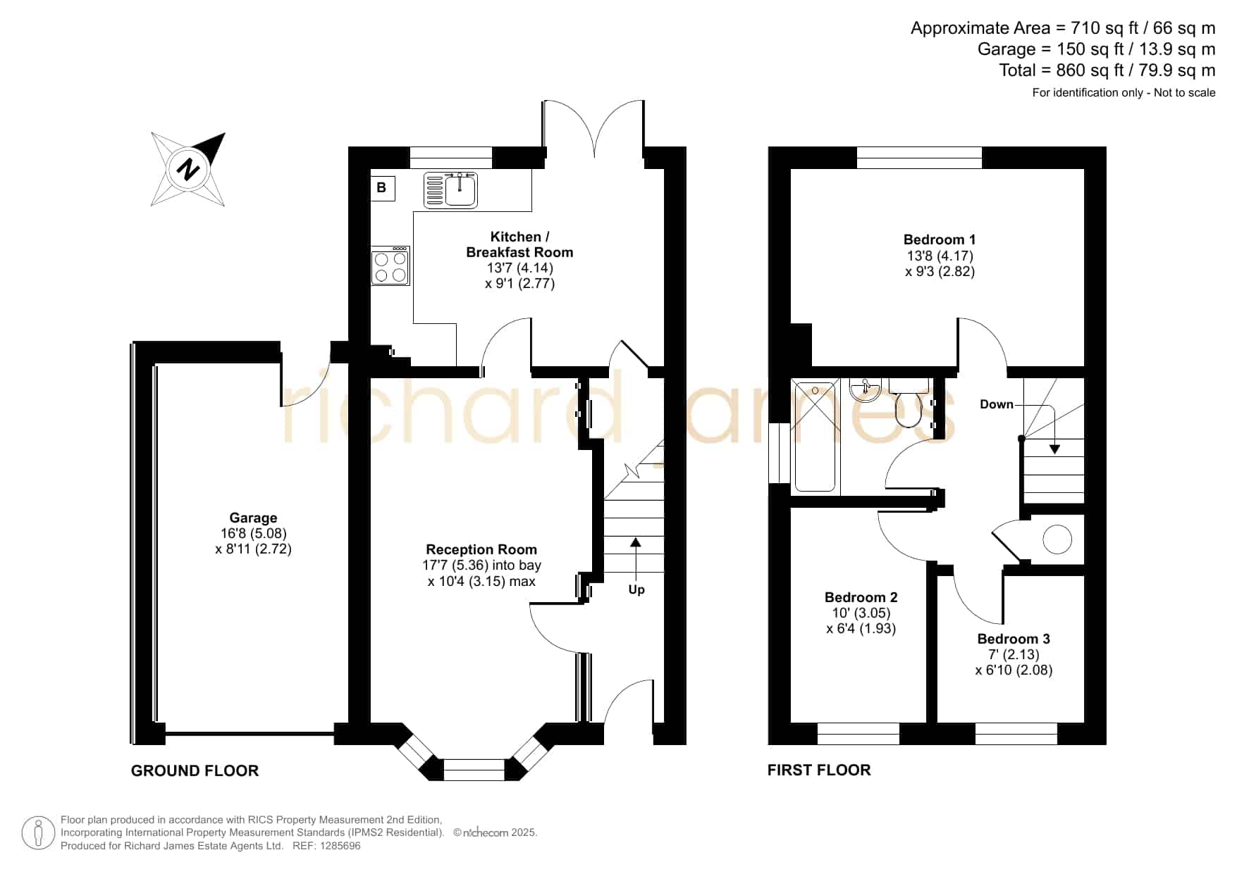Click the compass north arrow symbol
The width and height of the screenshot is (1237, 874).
click(x=188, y=169)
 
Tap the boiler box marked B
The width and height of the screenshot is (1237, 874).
click(x=382, y=188)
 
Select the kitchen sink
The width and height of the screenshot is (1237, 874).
click(x=451, y=190)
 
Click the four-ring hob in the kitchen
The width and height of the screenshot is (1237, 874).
click(x=390, y=266)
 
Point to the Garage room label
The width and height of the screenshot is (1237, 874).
click(x=253, y=518)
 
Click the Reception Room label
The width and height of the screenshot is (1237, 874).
click(x=481, y=549)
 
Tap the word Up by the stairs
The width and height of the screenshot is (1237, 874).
click(x=636, y=589)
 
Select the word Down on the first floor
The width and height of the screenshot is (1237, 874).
click(x=997, y=404)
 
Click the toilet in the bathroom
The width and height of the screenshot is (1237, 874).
click(x=908, y=404)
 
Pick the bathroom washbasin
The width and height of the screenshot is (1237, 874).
click(x=864, y=389)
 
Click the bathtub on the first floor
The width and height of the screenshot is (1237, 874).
click(x=816, y=435)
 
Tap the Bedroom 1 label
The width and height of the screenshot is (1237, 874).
click(x=940, y=239)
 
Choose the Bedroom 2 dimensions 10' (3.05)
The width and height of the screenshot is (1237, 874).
click(x=861, y=613)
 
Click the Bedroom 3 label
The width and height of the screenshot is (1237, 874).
click(x=1014, y=639)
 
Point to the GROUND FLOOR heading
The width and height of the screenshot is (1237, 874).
click(x=195, y=771)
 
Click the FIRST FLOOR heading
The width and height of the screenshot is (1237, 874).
click(x=819, y=770)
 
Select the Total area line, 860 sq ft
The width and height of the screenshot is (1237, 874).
click(x=1107, y=70)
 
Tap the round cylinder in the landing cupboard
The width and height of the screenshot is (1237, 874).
click(x=1057, y=540)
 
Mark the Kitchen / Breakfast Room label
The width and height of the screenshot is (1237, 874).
click(x=519, y=244)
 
